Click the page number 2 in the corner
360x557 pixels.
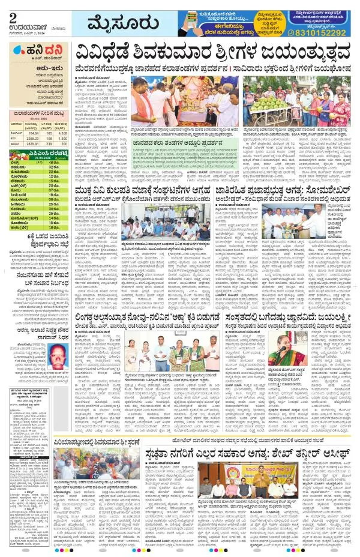(7, 8)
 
